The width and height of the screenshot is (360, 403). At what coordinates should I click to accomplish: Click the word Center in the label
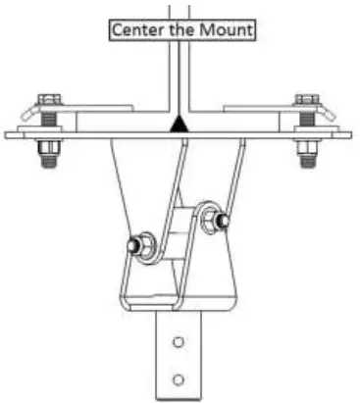pos(136,30)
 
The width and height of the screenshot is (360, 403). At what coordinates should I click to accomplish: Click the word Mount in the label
pos(229,30)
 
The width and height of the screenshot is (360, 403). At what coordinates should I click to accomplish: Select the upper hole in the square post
pos(178,342)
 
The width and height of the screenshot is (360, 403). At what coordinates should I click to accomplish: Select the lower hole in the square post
pos(178,378)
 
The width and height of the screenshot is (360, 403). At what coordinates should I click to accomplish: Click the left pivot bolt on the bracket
pos(134,244)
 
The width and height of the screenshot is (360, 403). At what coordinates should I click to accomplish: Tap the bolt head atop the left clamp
pos(48,100)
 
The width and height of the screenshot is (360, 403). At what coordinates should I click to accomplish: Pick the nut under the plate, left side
pos(48,148)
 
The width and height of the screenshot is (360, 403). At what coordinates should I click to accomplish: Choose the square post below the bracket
pos(178,358)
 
